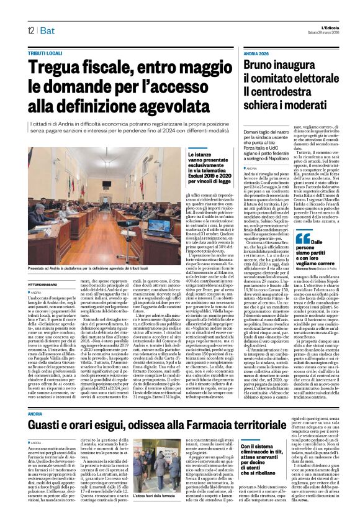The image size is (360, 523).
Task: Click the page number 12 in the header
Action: click(x=30, y=30)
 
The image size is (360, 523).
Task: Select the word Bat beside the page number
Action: click(x=47, y=30)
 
